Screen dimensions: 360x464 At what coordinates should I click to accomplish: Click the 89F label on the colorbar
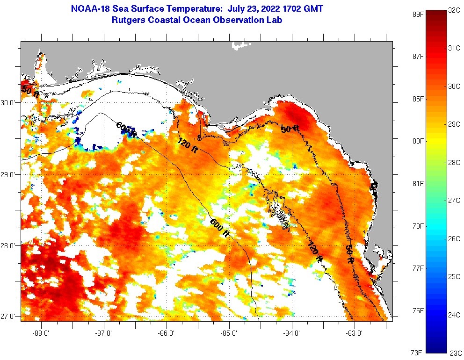(417, 14)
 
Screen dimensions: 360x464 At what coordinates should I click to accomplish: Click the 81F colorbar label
(417, 183)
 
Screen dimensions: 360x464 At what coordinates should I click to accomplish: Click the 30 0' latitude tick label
(10, 103)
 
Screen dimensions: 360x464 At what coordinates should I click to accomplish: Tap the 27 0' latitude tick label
(10, 317)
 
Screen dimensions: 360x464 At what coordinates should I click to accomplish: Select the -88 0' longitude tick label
(42, 333)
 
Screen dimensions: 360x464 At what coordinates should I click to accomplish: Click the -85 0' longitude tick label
(230, 333)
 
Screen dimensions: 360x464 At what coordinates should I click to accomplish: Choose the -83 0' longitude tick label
(355, 333)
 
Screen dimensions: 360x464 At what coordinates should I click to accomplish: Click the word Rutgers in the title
(128, 20)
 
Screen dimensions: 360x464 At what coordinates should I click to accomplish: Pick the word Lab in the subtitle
(275, 20)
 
